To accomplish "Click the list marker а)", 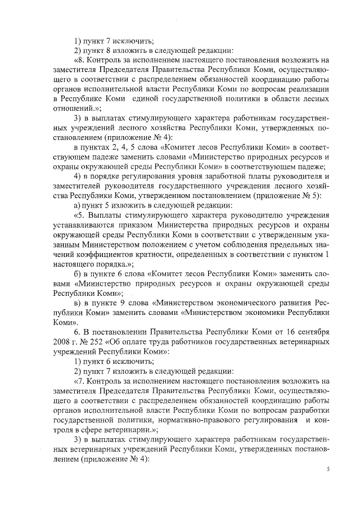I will click(x=79, y=205).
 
